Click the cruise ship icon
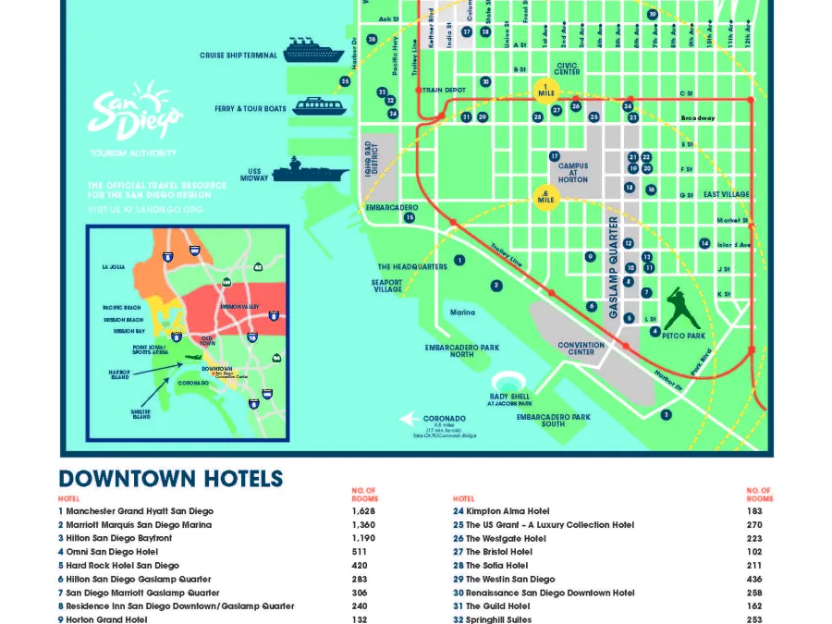click(x=313, y=51)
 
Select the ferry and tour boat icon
click(x=319, y=106)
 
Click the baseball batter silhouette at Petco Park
click(x=682, y=307)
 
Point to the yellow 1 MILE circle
click(x=547, y=90)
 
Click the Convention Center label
click(x=581, y=349)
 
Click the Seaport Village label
click(x=386, y=286)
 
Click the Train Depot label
click(x=444, y=91)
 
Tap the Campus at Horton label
click(x=573, y=173)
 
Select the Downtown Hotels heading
click(x=170, y=479)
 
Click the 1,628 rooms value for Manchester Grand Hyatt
click(x=363, y=511)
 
